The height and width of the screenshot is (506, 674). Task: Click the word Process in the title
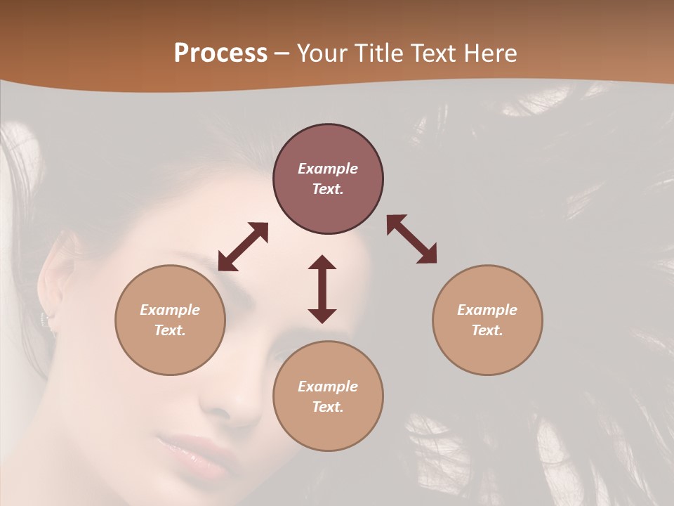[x=220, y=53]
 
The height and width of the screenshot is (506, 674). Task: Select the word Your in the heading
[x=322, y=53]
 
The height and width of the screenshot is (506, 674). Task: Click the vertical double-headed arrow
[x=322, y=289]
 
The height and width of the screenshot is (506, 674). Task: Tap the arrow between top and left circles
[x=243, y=247]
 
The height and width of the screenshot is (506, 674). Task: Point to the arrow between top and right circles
[x=411, y=239]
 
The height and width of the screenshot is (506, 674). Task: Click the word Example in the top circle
[x=328, y=169]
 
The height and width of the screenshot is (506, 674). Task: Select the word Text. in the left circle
[x=170, y=330]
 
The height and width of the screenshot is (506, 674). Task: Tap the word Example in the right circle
[x=487, y=310]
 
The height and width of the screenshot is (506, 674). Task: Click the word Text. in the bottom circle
[x=328, y=407]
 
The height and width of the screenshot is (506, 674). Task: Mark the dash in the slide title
[x=282, y=53]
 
